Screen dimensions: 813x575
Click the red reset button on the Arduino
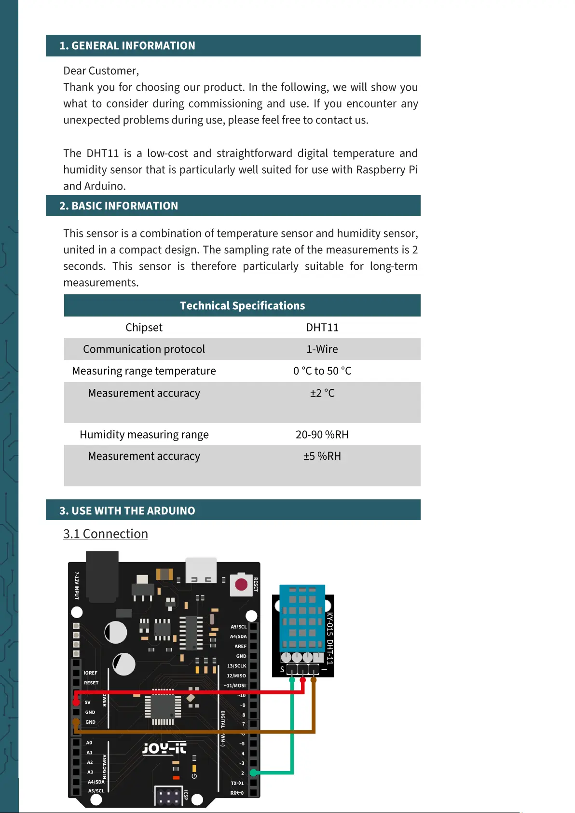click(x=241, y=585)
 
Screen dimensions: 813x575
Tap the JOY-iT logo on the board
click(x=164, y=748)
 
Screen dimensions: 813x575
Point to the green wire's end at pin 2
click(x=253, y=773)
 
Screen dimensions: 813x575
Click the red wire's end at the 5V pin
click(x=76, y=702)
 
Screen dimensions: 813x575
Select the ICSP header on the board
click(x=168, y=796)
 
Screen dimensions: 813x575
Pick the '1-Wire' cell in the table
click(x=322, y=349)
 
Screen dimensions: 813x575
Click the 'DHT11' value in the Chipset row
click(x=322, y=328)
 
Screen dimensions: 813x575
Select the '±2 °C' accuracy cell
click(x=322, y=393)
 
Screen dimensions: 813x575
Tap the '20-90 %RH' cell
click(x=322, y=435)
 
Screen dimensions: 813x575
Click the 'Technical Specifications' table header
click(x=242, y=306)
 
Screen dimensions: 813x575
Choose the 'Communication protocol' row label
click(x=144, y=349)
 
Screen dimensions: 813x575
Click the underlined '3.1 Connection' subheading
click(x=106, y=534)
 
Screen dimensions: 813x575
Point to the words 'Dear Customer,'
click(x=101, y=71)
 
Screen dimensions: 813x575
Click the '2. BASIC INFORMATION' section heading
click(x=119, y=206)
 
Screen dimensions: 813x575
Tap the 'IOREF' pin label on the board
click(x=90, y=673)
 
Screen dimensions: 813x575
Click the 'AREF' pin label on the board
click(x=240, y=646)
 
